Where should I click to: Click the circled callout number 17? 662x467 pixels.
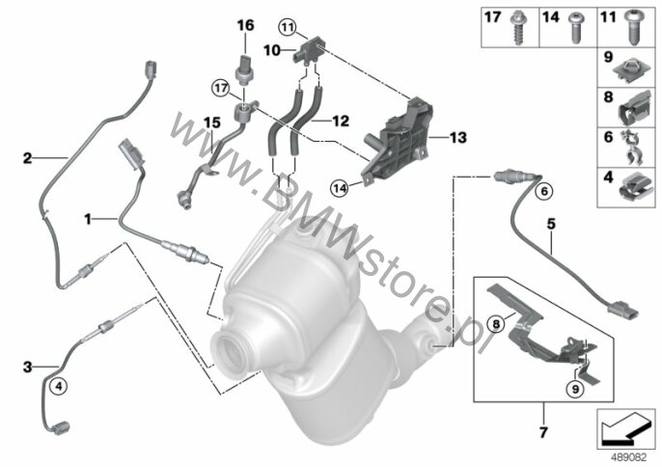[221, 89]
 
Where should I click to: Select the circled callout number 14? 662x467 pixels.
[340, 187]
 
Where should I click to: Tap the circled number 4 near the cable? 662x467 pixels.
[58, 385]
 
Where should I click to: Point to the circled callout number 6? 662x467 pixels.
[544, 191]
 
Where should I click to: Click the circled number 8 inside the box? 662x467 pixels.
[496, 324]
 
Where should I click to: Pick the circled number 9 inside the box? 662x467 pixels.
[575, 389]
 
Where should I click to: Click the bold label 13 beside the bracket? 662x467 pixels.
[458, 137]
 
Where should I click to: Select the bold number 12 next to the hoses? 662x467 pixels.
[341, 122]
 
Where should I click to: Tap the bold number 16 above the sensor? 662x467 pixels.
[246, 25]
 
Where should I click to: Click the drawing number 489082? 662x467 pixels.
[630, 457]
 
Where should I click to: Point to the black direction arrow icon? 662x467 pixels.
[625, 429]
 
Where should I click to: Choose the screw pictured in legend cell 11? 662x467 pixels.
[632, 28]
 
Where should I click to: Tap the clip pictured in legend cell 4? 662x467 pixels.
[635, 186]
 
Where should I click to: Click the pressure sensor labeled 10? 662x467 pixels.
[307, 50]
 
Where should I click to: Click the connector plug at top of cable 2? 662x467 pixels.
[151, 69]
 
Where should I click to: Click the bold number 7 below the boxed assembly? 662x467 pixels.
[543, 432]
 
